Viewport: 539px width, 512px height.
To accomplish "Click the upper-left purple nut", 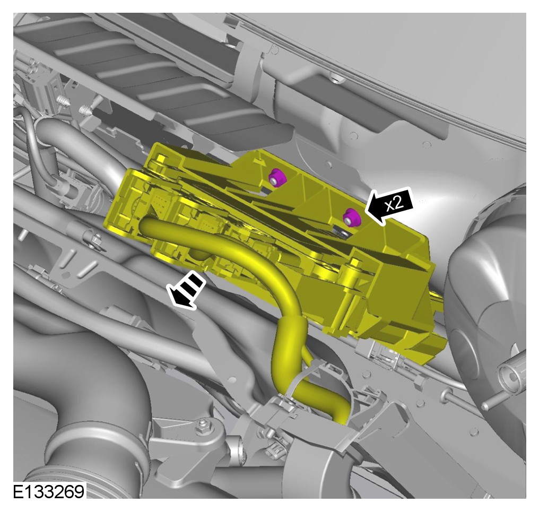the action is (x=277, y=177).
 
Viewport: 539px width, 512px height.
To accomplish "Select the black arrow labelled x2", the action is (x=389, y=206).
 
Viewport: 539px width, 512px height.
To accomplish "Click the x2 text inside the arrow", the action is (x=394, y=204).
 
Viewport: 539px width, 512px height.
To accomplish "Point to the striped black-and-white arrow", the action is (x=186, y=290).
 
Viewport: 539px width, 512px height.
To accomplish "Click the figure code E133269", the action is (x=48, y=492).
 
